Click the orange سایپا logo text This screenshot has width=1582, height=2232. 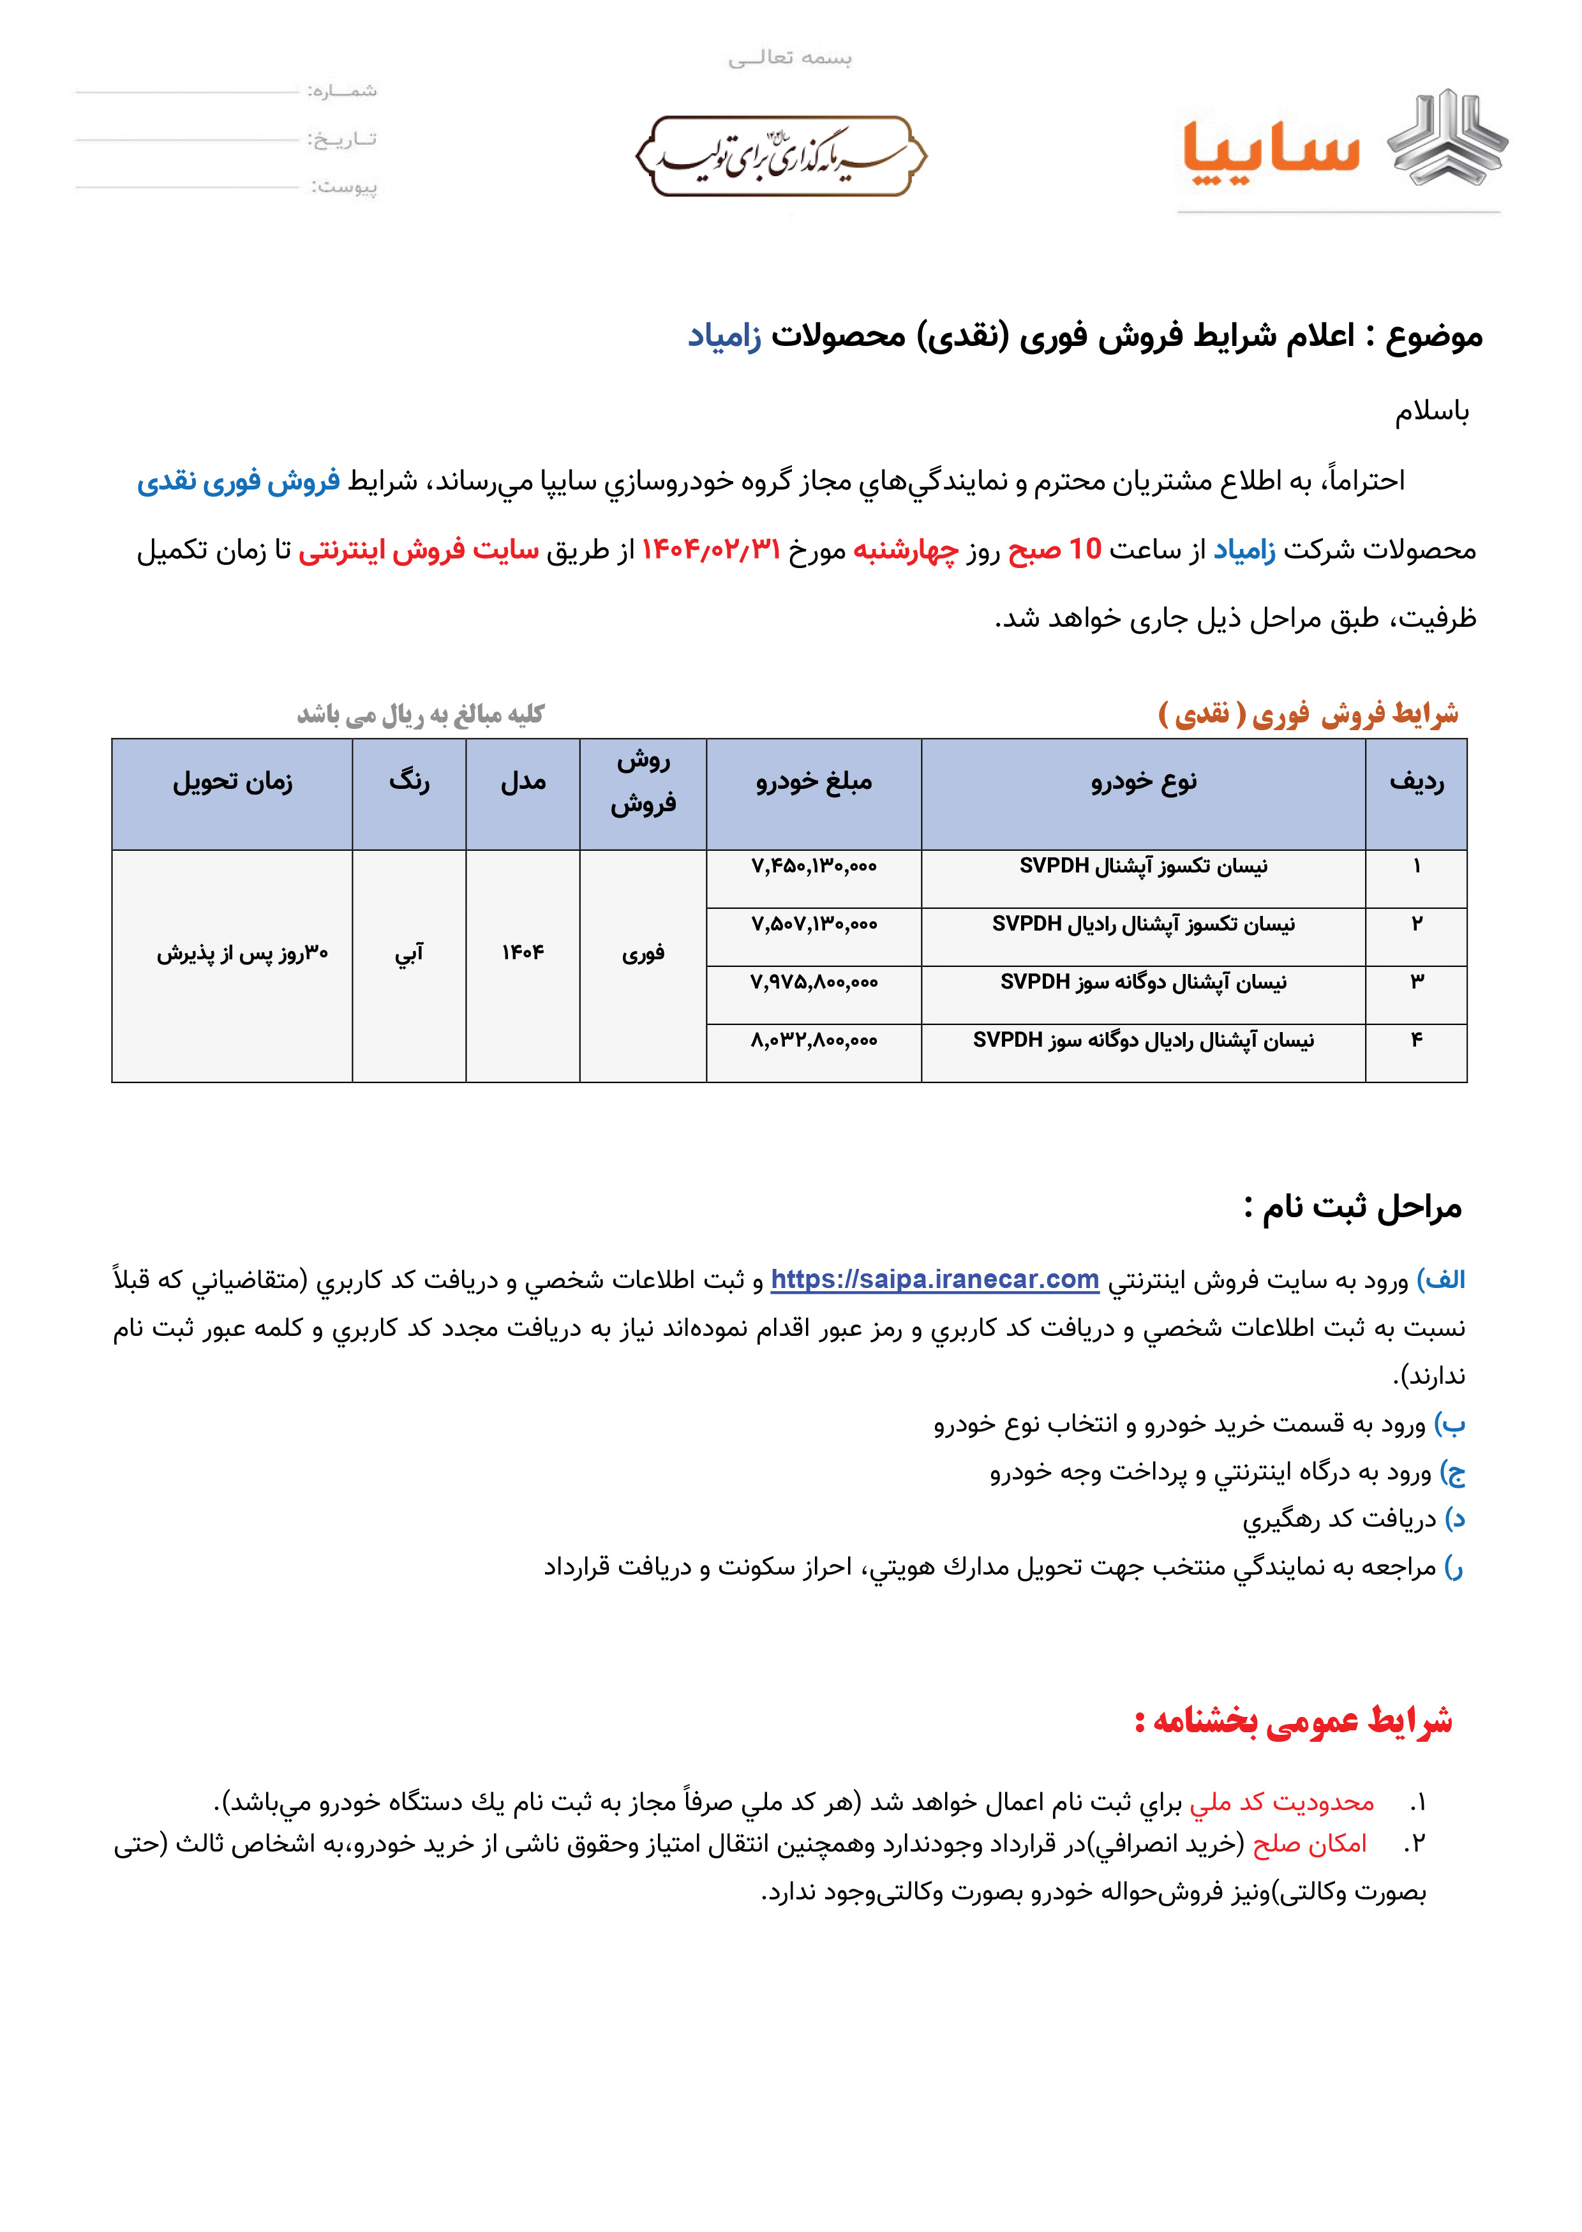pyautogui.click(x=1271, y=151)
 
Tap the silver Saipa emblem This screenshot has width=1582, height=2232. pyautogui.click(x=1447, y=139)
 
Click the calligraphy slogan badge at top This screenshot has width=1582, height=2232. pyautogui.click(x=780, y=156)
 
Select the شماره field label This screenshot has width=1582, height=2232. pyautogui.click(x=342, y=91)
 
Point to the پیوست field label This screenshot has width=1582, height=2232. pyautogui.click(x=344, y=186)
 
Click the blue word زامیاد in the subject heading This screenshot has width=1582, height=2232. pyautogui.click(x=725, y=336)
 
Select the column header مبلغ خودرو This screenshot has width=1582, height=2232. pyautogui.click(x=814, y=781)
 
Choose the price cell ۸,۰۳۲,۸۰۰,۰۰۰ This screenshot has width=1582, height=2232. pyautogui.click(x=814, y=1040)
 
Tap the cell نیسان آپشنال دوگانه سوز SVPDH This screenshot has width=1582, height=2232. pyautogui.click(x=1143, y=982)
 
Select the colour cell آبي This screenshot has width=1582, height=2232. pyautogui.click(x=409, y=953)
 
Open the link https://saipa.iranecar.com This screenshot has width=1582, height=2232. pyautogui.click(x=934, y=1279)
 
